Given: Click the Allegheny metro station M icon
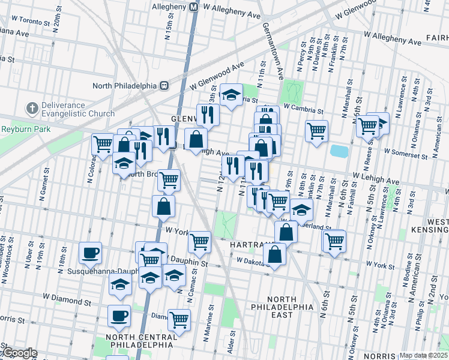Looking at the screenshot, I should pos(193,7).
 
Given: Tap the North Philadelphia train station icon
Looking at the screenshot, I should pos(163,85).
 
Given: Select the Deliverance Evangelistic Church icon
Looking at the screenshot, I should pos(31,109).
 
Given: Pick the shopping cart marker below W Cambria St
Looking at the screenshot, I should pos(316,130).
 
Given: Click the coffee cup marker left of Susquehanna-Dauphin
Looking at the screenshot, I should pos(91,252).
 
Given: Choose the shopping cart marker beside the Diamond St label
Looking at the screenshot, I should pos(179,319).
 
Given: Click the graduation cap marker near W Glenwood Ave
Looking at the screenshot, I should pos(230,94).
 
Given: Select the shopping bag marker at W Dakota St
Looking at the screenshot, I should pos(274,253).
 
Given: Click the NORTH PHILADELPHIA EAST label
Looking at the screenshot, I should pos(282,307).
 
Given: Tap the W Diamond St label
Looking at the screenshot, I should pos(66,296).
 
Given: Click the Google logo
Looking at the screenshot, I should pos(20,353).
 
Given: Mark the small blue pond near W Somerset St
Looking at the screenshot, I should pos(339,151).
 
